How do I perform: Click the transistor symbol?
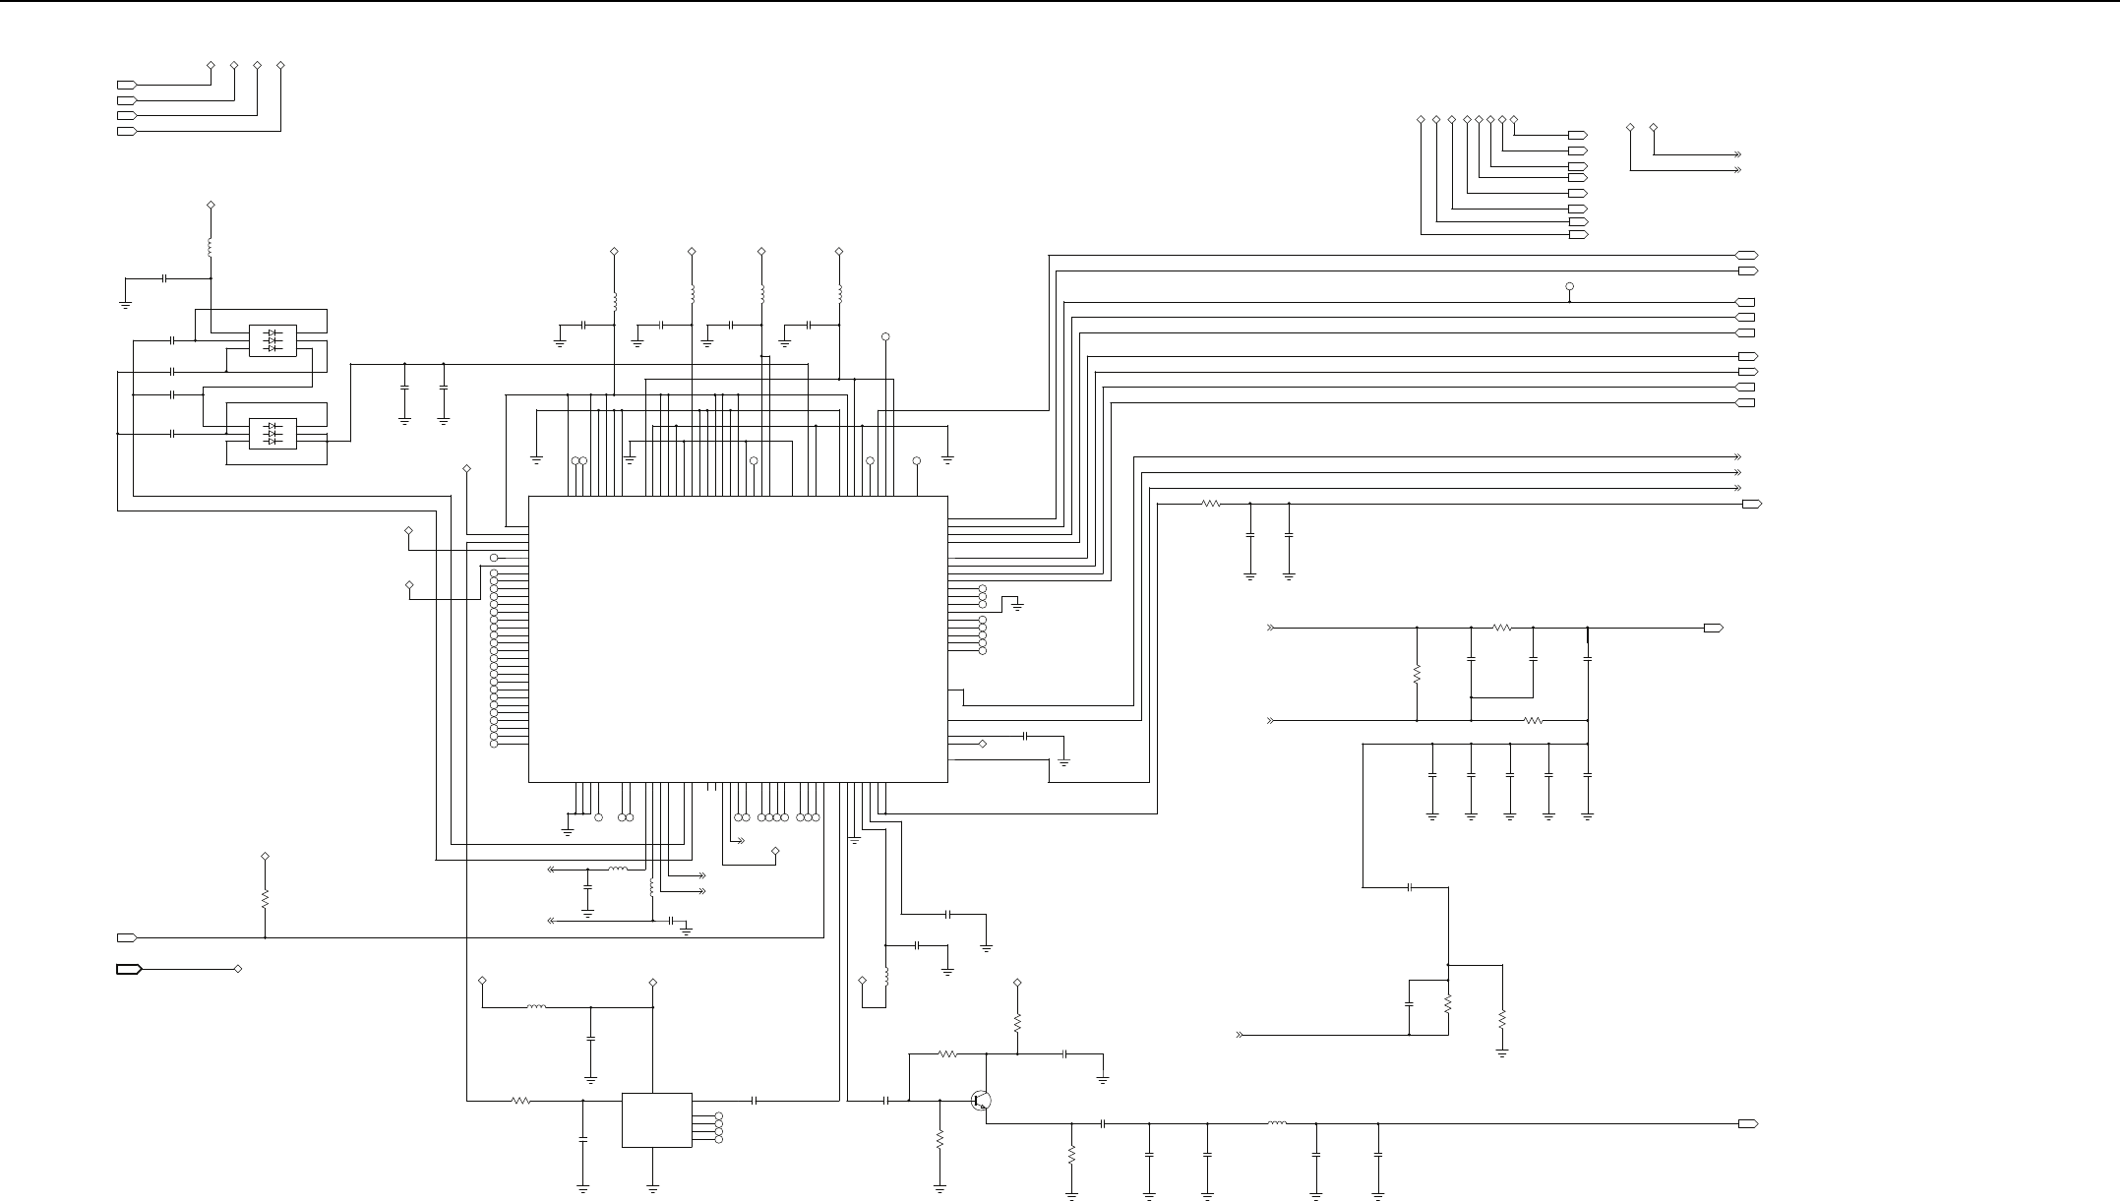[x=980, y=1101]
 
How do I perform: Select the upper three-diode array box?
[x=273, y=340]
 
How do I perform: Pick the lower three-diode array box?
[x=273, y=434]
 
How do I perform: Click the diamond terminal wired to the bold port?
[x=238, y=969]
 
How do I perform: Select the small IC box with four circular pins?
[x=656, y=1119]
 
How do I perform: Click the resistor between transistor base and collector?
[x=947, y=1054]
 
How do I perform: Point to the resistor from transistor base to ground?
[x=939, y=1139]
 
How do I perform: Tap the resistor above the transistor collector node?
[x=1017, y=1022]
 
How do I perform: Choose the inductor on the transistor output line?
[x=1277, y=1123]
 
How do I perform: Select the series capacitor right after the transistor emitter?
[x=1104, y=1123]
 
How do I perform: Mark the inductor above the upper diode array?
[x=211, y=247]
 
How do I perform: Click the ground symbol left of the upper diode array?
[x=125, y=302]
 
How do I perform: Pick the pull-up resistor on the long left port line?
[x=265, y=899]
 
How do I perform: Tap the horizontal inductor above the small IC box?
[x=536, y=1007]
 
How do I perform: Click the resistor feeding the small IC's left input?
[x=521, y=1101]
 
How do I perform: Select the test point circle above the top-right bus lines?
[x=1569, y=286]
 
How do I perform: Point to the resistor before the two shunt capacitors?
[x=1211, y=504]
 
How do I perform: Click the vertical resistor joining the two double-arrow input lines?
[x=1417, y=675]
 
